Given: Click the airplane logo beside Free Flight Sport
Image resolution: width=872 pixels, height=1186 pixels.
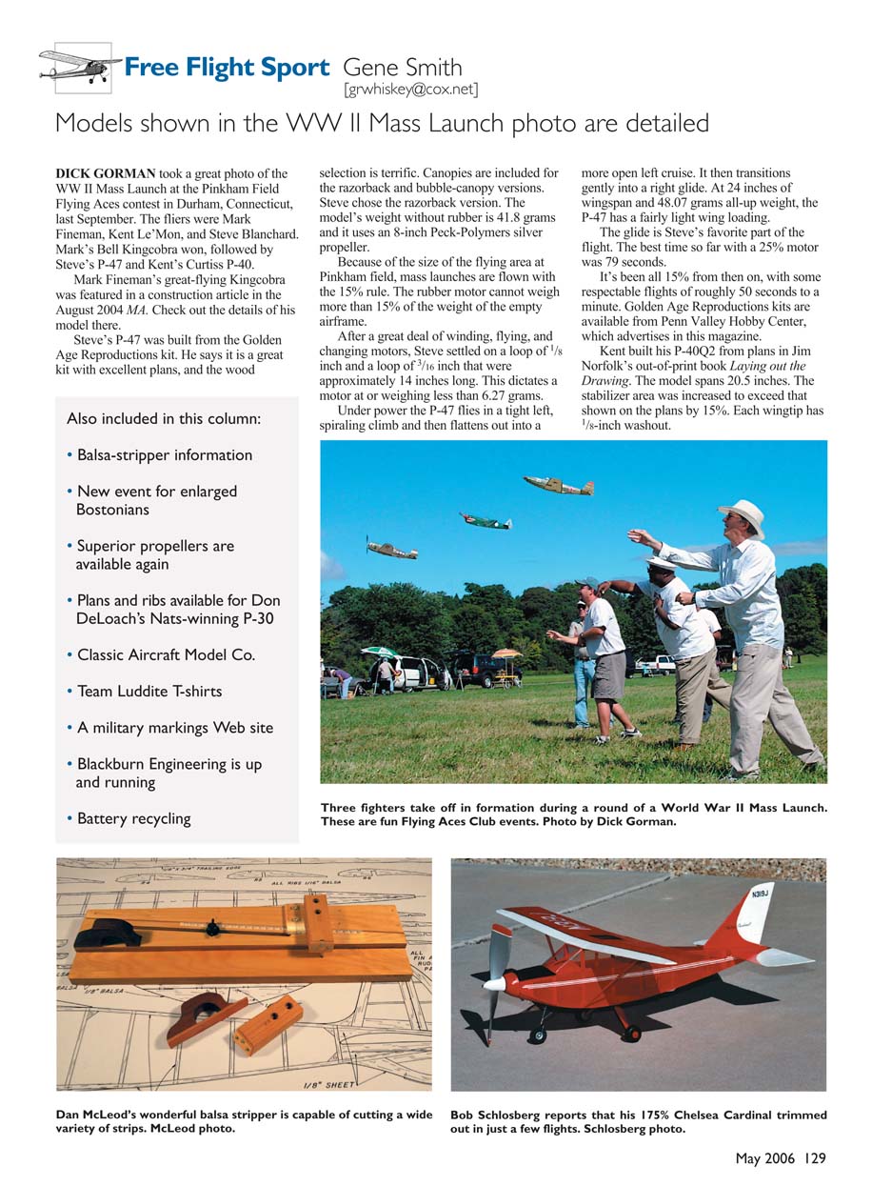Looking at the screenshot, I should tap(80, 66).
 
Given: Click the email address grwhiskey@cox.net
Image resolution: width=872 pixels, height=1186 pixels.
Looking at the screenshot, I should tap(410, 90).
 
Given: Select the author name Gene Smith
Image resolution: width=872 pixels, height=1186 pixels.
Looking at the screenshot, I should tap(403, 68).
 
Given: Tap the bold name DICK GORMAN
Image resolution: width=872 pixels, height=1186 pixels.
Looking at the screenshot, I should tap(105, 174).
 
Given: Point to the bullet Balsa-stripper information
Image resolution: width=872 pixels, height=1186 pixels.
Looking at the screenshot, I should tap(164, 455).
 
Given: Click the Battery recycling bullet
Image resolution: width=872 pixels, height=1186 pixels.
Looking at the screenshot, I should tap(133, 819).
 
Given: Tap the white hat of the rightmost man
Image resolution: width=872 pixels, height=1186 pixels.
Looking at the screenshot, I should tap(742, 515).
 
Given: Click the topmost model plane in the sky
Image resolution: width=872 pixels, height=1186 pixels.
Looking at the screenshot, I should tap(559, 485).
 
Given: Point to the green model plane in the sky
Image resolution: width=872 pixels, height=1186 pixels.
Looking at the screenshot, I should tap(486, 521).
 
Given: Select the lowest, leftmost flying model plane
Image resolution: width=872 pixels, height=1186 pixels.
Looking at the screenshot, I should tap(391, 549).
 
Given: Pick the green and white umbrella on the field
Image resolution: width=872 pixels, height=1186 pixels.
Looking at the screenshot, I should tap(378, 651).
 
